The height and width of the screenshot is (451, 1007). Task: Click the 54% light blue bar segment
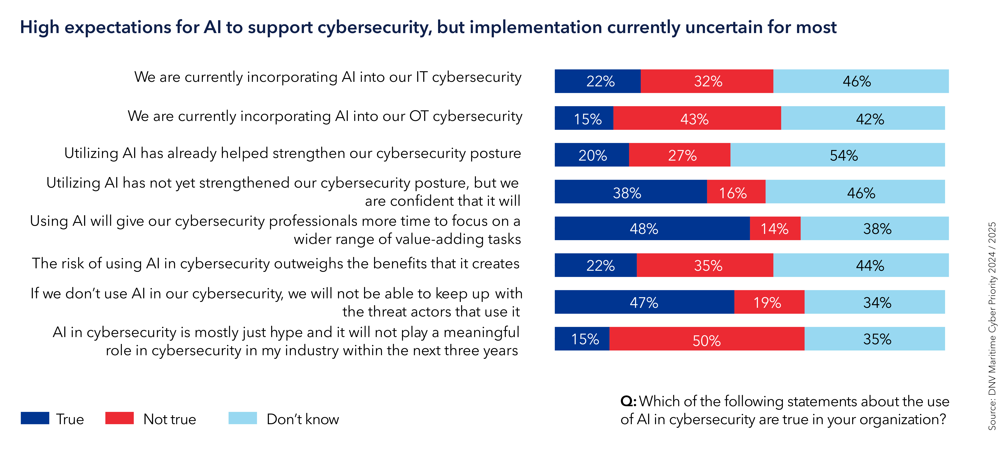[837, 155]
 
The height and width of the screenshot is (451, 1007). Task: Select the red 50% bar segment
[707, 339]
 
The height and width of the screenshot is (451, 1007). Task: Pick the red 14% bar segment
[775, 228]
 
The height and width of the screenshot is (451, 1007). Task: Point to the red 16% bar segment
[736, 192]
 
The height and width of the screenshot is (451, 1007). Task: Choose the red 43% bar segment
[697, 118]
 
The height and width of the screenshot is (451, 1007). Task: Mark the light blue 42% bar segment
[863, 118]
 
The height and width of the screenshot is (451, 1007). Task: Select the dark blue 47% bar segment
[644, 302]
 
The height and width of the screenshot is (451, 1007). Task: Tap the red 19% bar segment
[769, 302]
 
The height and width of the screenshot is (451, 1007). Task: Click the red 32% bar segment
[707, 81]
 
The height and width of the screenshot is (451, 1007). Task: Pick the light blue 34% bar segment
[874, 302]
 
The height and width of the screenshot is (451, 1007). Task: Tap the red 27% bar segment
[679, 155]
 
